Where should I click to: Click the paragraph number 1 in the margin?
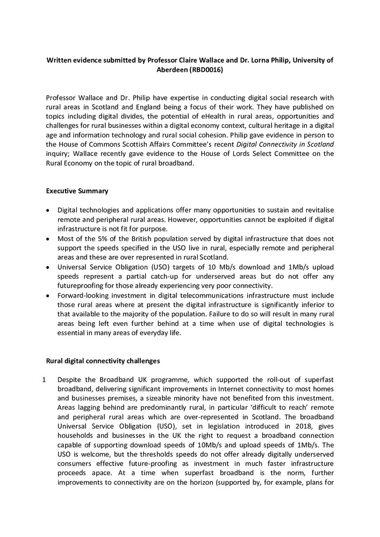(44, 380)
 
